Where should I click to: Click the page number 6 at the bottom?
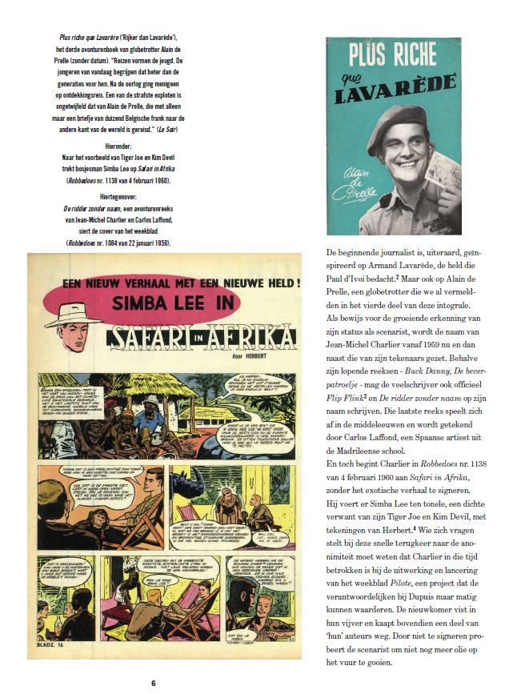[x=153, y=683]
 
